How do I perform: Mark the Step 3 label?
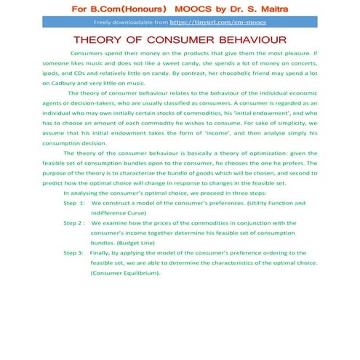pos(73,252)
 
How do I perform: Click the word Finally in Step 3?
pos(101,252)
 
